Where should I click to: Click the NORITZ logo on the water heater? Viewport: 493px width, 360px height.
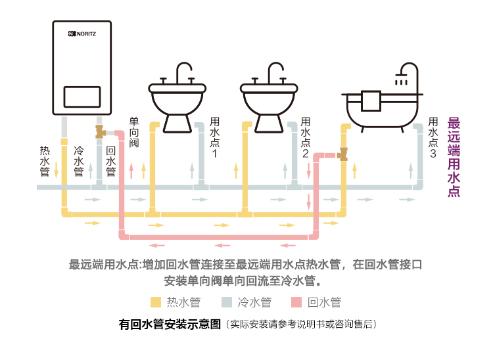point(82,33)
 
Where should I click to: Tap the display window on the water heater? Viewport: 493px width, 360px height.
point(82,97)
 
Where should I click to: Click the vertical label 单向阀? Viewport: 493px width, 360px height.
point(134,132)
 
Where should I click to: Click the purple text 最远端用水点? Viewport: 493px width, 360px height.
point(454,156)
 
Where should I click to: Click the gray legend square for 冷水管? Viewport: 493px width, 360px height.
point(226,302)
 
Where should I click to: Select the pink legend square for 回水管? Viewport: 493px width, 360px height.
point(296,302)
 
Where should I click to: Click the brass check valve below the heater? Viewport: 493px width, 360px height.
point(101,132)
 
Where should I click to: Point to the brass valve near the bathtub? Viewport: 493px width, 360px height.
point(342,155)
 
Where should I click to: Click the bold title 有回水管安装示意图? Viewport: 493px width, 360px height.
point(170,325)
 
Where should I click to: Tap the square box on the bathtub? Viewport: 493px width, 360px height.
point(371,101)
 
